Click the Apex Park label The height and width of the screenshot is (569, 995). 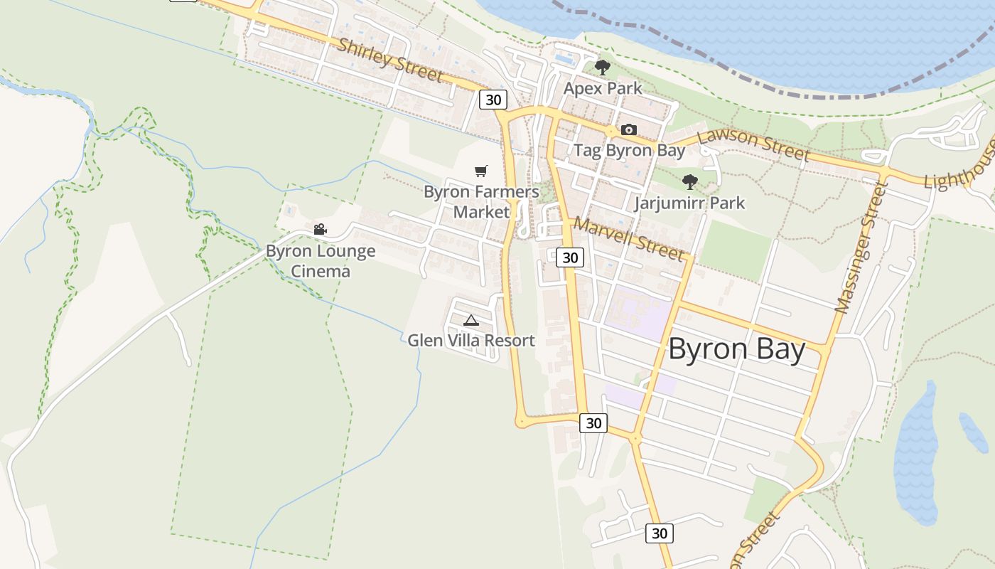click(603, 88)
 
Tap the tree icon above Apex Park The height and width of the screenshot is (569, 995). click(603, 68)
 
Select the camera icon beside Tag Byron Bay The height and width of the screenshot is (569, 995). click(629, 129)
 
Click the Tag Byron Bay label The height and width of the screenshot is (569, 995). click(629, 150)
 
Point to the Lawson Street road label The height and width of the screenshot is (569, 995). click(753, 144)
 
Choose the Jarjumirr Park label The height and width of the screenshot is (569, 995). click(689, 203)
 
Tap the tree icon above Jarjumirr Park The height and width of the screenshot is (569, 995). click(689, 182)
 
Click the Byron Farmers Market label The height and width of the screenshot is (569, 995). click(481, 201)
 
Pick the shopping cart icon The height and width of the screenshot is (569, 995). click(481, 171)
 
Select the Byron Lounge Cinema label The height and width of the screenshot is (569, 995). click(321, 261)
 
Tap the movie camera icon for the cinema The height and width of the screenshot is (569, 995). click(320, 229)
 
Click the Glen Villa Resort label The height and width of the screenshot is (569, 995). click(470, 341)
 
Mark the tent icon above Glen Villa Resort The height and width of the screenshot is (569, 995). click(470, 320)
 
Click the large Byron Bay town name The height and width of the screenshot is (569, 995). click(736, 350)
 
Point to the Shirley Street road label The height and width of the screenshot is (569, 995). click(389, 60)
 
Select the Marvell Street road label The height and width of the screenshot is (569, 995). click(629, 238)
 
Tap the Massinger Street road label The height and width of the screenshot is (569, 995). click(861, 248)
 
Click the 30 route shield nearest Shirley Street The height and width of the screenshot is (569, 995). click(493, 100)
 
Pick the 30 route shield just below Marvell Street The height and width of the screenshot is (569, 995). click(570, 257)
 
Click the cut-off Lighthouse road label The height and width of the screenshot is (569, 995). click(959, 169)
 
